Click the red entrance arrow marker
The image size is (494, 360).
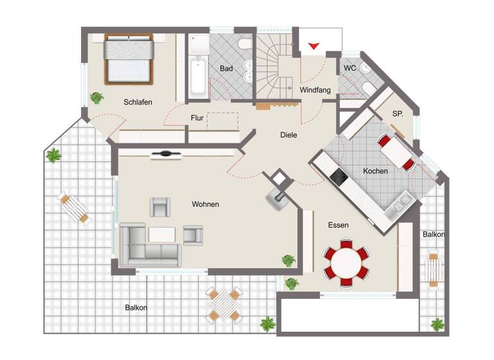pos(314,46)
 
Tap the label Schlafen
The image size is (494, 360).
pos(138,102)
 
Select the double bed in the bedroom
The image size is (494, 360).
pos(129,59)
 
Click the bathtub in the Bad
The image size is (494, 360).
pos(197,76)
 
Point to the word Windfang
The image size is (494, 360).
pos(315,91)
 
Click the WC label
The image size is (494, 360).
pos(350,68)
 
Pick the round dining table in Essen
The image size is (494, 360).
pos(348,262)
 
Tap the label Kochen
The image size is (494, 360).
pos(376,171)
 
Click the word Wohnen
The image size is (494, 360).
pos(205,204)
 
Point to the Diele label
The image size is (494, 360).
pos(289,135)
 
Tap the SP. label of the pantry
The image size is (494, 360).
pos(398,114)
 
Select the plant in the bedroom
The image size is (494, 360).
pos(96,98)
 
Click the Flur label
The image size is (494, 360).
pos(197,118)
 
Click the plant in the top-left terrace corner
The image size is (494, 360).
pos(53,155)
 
